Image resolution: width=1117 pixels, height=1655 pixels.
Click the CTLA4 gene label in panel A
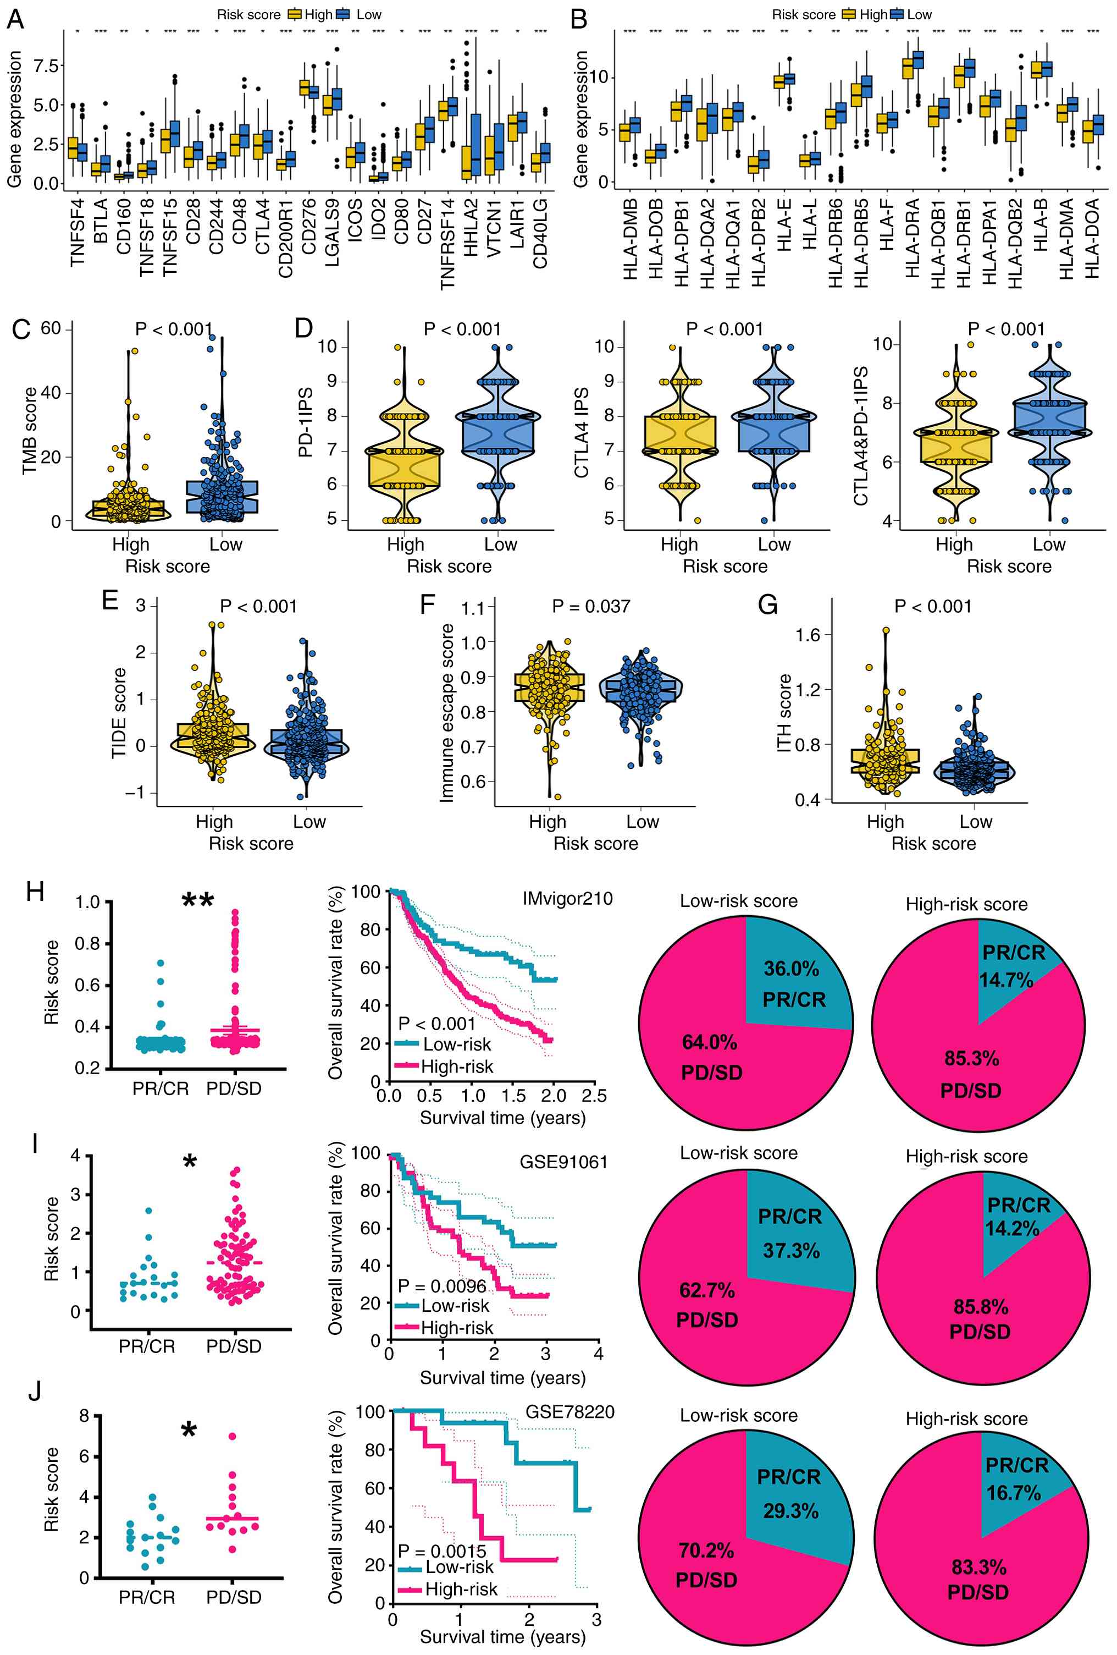point(263,227)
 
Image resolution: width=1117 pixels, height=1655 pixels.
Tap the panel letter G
point(767,604)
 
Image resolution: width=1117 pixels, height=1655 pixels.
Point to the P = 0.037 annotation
point(591,606)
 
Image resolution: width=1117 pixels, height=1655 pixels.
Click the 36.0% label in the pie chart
point(791,969)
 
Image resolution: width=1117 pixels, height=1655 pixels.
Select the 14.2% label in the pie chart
point(1011,1228)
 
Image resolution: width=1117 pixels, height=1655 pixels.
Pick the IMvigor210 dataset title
point(567,898)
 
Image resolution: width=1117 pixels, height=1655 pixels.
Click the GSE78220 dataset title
point(569,1411)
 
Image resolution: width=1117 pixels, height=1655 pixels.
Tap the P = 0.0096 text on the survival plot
point(441,1285)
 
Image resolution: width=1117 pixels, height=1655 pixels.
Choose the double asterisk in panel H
point(197,900)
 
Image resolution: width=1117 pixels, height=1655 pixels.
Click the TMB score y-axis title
point(29,430)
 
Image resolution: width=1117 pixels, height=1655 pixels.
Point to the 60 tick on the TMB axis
point(51,328)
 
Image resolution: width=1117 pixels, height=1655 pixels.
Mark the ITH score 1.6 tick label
point(808,635)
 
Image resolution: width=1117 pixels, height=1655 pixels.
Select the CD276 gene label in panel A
point(309,227)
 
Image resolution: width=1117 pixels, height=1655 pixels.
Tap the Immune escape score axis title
point(446,713)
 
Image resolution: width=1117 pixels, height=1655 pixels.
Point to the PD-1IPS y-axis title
point(306,421)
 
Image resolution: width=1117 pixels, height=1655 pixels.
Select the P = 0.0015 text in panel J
point(441,1551)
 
